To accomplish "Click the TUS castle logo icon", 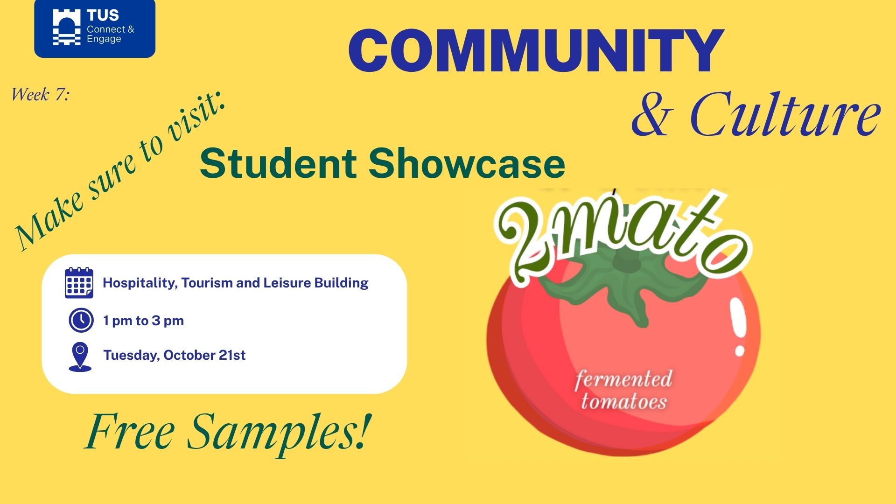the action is [67, 28].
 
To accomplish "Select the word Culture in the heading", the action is [785, 115].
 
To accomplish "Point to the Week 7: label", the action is [40, 95].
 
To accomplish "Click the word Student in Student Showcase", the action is [278, 163].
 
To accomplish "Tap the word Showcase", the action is [467, 163].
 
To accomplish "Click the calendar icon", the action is [79, 283].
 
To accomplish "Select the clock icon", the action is [81, 320].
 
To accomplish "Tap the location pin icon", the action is [80, 357].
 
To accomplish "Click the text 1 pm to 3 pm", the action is [143, 321].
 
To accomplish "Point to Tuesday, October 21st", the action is [175, 355].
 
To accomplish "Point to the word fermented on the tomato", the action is [623, 379].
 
